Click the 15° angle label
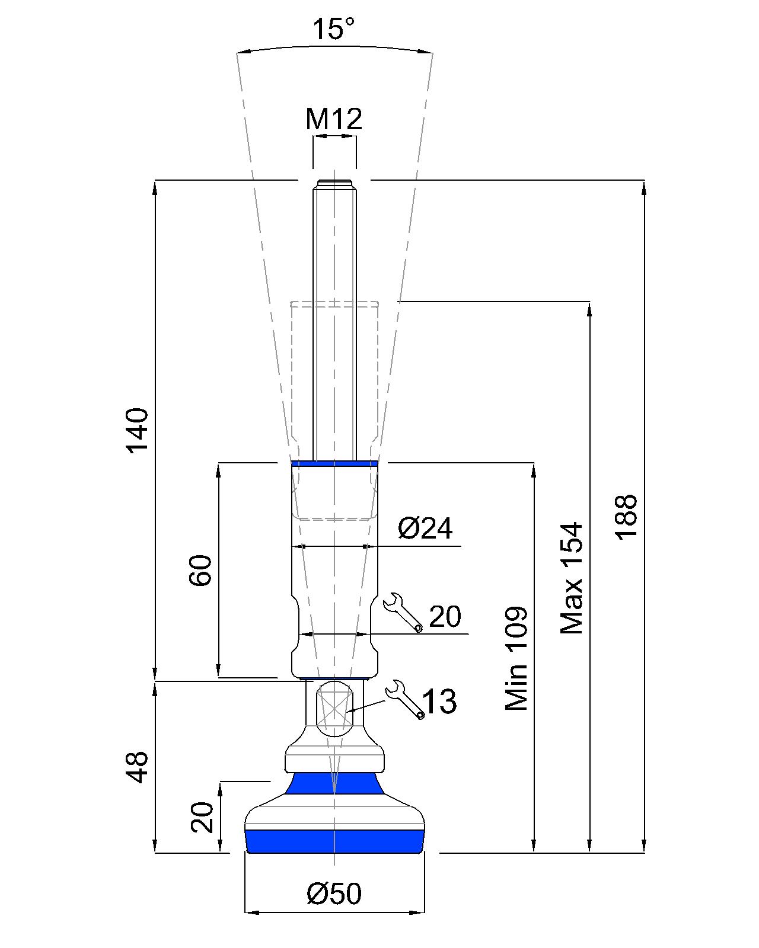(x=333, y=29)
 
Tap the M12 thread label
(x=334, y=118)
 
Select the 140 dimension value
(x=137, y=431)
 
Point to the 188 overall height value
(x=626, y=517)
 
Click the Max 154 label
(x=571, y=578)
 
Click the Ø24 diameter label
(x=425, y=528)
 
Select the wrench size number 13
(x=439, y=702)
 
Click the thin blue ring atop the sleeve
(x=334, y=463)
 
